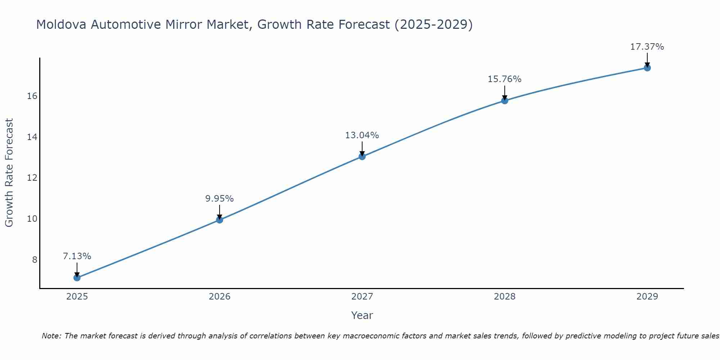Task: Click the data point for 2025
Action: pos(77,278)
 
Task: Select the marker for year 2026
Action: pos(220,220)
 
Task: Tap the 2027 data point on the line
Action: pos(362,156)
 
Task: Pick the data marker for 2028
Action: pos(505,100)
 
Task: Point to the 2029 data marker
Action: pos(647,68)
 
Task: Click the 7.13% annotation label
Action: pos(77,256)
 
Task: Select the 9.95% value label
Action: pos(220,198)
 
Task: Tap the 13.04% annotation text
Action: pos(362,135)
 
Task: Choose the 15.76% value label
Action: pos(505,79)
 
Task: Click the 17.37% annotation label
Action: pos(647,47)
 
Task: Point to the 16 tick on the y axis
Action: pos(32,96)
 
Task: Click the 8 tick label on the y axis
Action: pos(35,260)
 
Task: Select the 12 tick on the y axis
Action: pos(32,178)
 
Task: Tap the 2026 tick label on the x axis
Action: pos(220,297)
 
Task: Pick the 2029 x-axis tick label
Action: pos(647,297)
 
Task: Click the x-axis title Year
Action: pos(362,315)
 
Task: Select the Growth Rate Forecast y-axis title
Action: pos(9,173)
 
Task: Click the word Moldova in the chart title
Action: pos(61,24)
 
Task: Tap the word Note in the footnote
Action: pos(51,336)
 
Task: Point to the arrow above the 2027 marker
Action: pos(362,148)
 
